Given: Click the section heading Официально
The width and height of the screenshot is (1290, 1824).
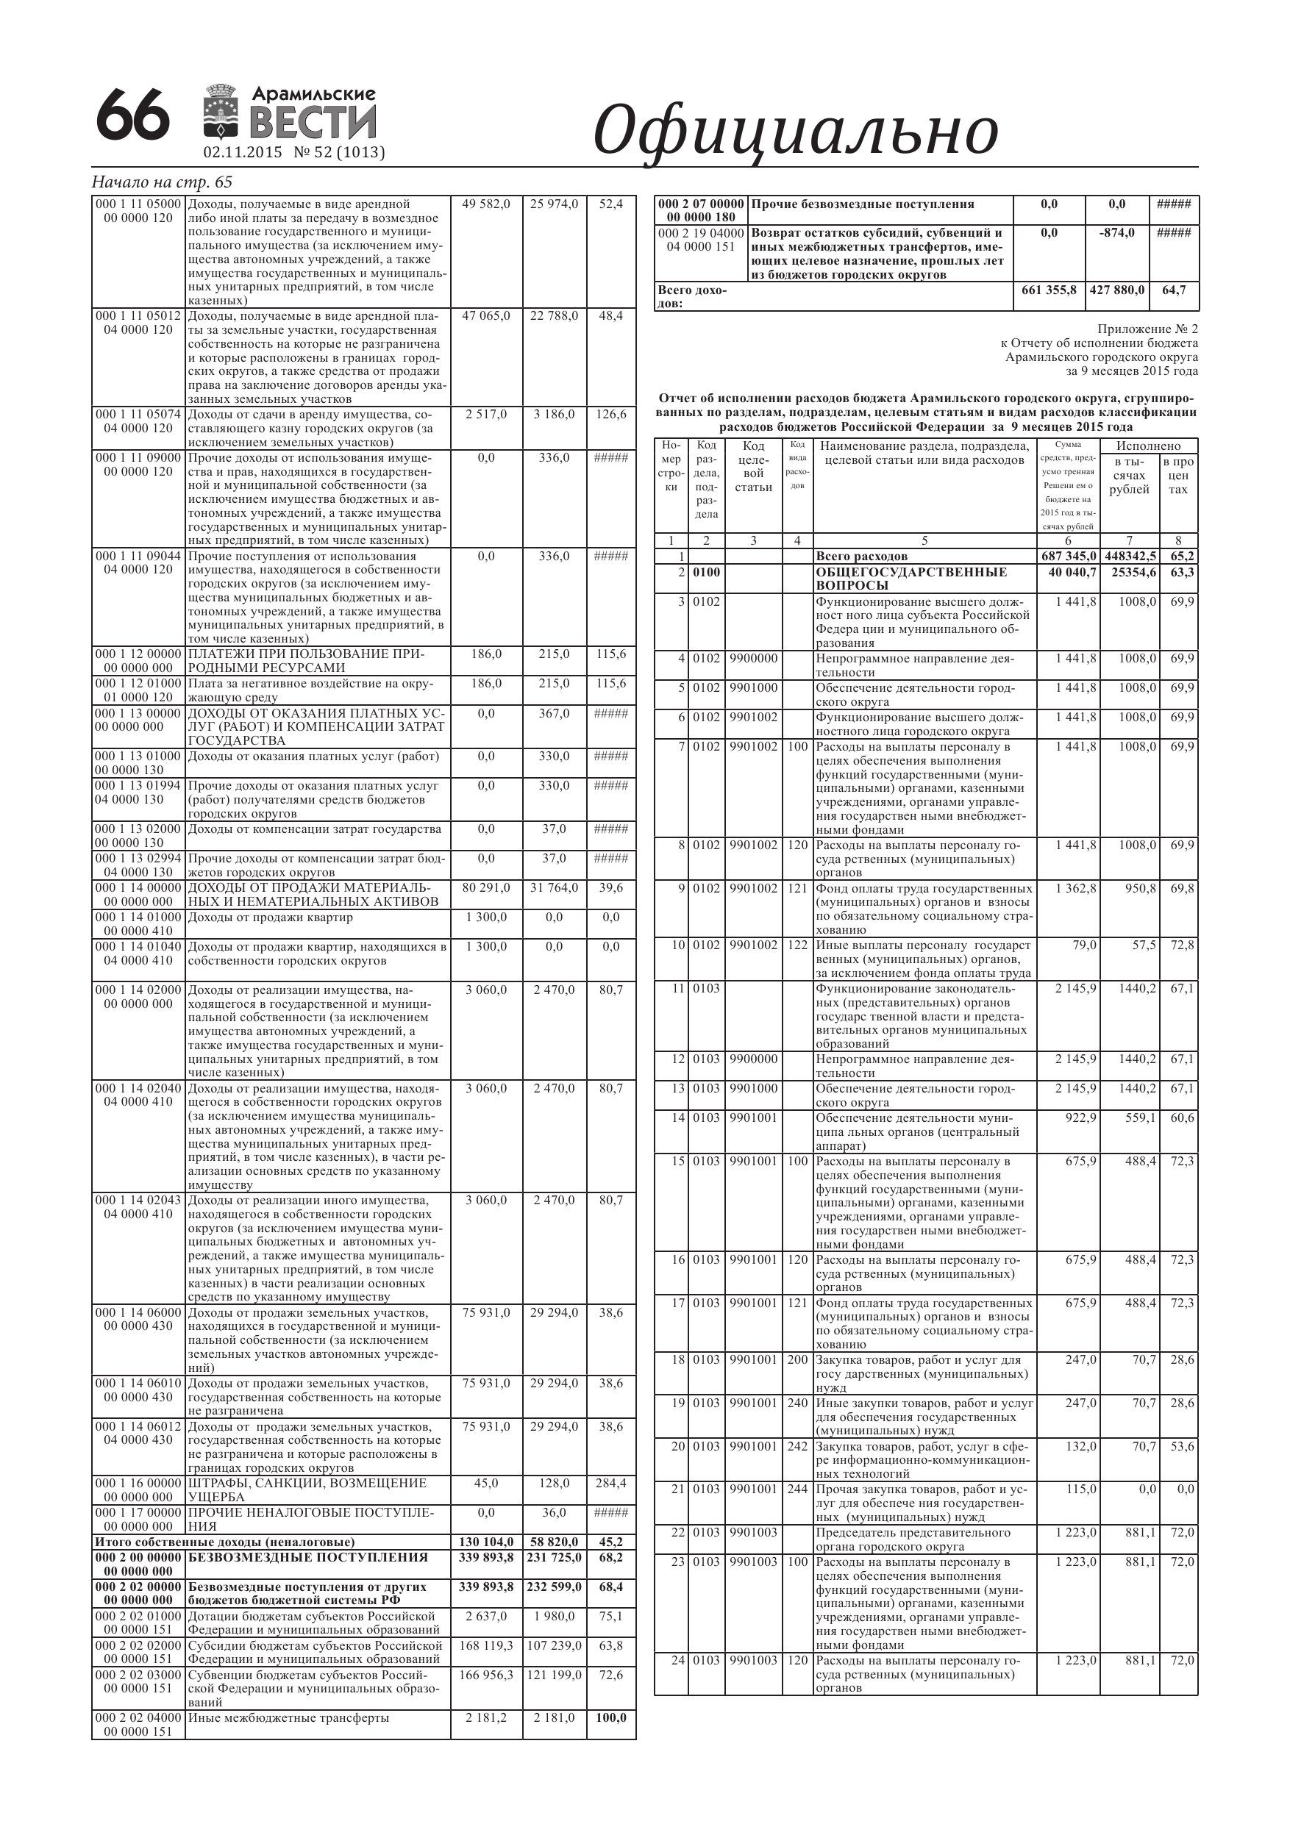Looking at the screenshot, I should click(x=795, y=131).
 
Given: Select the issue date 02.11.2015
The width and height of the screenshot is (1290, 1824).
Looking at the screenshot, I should click(x=243, y=152).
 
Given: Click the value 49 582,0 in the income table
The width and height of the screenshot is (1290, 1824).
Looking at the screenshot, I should click(x=485, y=205).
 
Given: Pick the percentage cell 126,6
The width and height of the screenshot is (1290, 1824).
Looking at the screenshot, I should click(x=610, y=415).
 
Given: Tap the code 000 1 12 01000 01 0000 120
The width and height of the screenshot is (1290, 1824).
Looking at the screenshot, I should click(x=138, y=690).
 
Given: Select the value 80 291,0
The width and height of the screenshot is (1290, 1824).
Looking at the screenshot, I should click(x=485, y=888).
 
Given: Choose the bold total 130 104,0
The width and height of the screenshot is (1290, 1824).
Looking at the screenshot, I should click(x=485, y=1542).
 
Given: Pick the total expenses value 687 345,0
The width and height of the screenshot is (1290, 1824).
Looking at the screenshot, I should click(x=1068, y=556).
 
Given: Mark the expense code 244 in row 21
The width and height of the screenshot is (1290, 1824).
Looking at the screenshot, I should click(x=797, y=1489).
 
